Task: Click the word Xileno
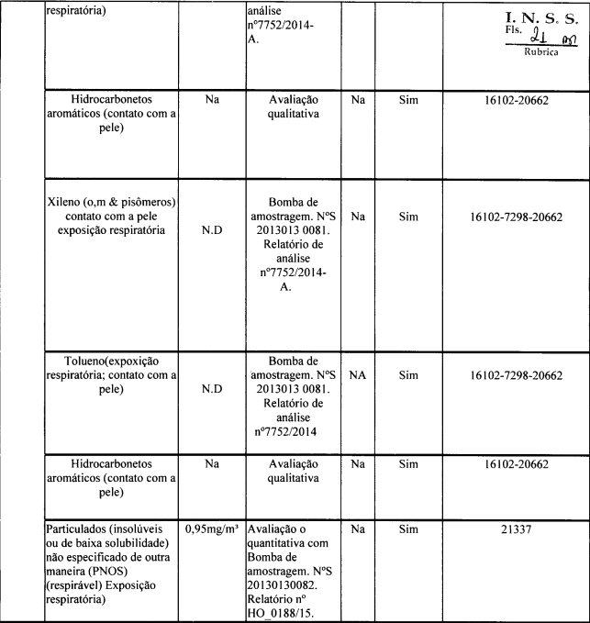[65, 201]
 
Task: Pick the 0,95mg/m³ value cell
[212, 531]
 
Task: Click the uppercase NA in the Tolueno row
[358, 375]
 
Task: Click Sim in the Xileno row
[408, 217]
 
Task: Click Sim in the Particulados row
[408, 531]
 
